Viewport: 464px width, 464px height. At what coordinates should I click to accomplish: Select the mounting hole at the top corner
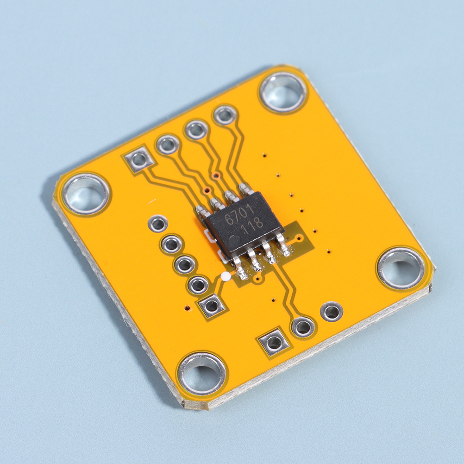coord(283,92)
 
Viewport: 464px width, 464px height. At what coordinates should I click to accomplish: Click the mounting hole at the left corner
coord(86,194)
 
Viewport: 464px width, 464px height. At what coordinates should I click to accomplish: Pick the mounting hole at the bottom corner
coord(202,374)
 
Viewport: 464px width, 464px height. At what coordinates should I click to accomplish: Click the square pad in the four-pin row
coord(139,160)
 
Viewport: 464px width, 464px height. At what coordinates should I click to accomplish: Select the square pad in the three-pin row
coord(274,343)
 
